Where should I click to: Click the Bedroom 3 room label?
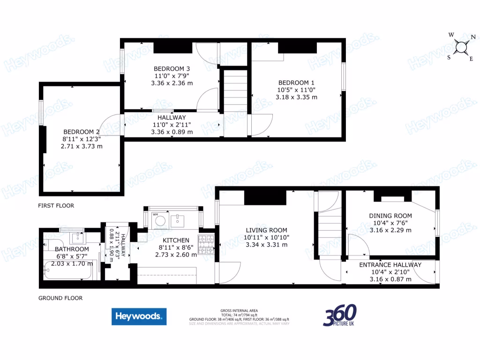pyautogui.click(x=171, y=69)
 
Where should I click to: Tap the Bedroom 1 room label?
pyautogui.click(x=296, y=82)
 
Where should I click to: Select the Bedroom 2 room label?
pyautogui.click(x=82, y=132)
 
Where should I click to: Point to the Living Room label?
pyautogui.click(x=266, y=230)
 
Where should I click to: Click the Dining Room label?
pyautogui.click(x=390, y=216)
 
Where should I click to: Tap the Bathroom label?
pyautogui.click(x=72, y=249)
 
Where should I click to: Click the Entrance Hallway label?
pyautogui.click(x=390, y=265)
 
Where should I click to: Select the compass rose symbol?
pyautogui.click(x=462, y=46)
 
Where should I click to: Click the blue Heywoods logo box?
pyautogui.click(x=139, y=316)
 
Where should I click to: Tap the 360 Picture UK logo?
pyautogui.click(x=340, y=315)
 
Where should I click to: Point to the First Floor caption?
pyautogui.click(x=56, y=206)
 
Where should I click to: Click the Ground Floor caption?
pyautogui.click(x=60, y=298)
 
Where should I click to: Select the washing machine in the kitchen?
pyautogui.click(x=160, y=220)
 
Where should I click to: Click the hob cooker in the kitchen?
pyautogui.click(x=207, y=245)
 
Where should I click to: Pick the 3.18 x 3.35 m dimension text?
pyautogui.click(x=296, y=97)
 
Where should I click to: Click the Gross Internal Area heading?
pyautogui.click(x=239, y=311)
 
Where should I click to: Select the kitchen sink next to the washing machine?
pyautogui.click(x=178, y=219)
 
